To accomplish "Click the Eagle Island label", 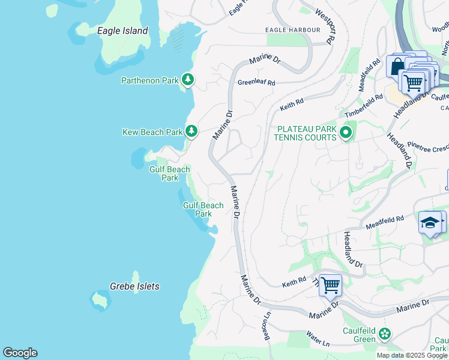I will [x=122, y=31].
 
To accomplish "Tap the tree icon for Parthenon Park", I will [x=188, y=80].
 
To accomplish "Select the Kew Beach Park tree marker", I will [x=191, y=130].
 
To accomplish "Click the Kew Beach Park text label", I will [x=152, y=132].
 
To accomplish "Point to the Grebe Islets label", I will [x=134, y=286].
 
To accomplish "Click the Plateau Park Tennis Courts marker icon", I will [x=345, y=132].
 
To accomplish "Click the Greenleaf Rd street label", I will [x=256, y=83].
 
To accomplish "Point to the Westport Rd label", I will [x=324, y=26].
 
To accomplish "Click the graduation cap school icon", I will [x=430, y=223].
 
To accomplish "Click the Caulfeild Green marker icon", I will [x=384, y=334].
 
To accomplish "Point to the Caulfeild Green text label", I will [x=359, y=335].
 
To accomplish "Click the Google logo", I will [x=20, y=353].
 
